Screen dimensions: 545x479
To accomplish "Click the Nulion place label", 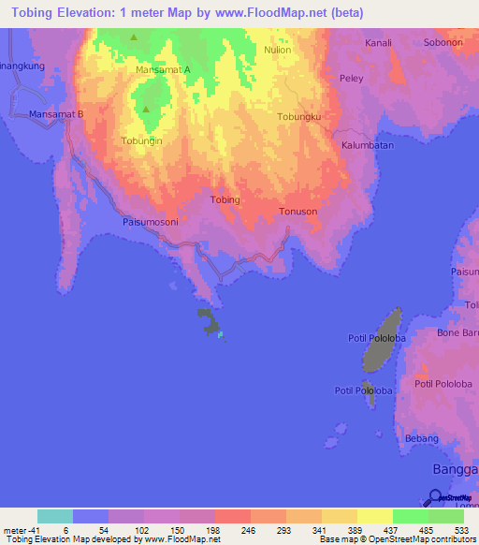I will [278, 50].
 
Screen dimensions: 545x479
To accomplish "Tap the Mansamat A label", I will [163, 69].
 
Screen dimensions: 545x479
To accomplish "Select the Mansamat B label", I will [56, 114].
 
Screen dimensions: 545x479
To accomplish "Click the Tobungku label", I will [299, 117].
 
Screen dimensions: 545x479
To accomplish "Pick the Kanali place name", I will [379, 43].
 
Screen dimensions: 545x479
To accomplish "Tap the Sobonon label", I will [443, 43].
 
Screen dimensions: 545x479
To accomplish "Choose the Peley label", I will [352, 78].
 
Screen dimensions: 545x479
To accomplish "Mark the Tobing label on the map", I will [225, 200].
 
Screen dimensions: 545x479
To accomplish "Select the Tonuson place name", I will [298, 212].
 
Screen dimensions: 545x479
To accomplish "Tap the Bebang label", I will [422, 438].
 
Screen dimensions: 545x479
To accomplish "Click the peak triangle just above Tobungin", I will [146, 110].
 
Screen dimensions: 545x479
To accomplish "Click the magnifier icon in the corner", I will [436, 497].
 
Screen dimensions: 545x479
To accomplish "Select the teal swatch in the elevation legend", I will [55, 516].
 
